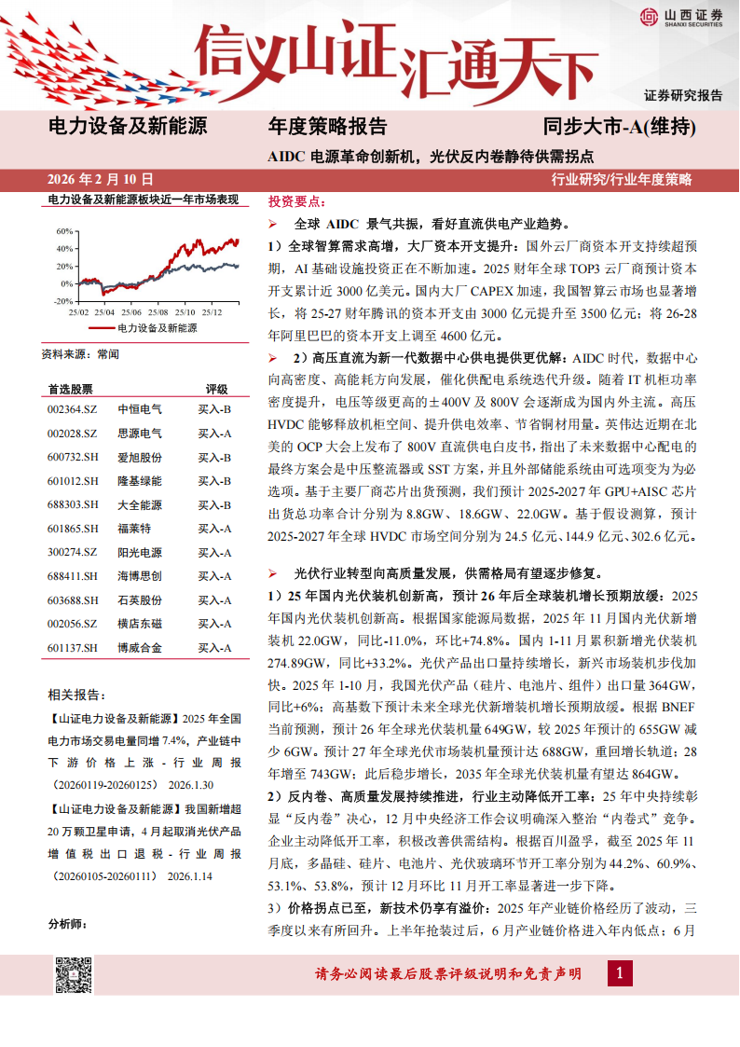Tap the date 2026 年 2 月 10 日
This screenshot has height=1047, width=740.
coord(101,179)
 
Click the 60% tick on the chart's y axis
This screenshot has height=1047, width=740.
coord(64,230)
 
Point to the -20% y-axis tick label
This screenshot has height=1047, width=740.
coord(62,301)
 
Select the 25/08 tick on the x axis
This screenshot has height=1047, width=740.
coord(158,311)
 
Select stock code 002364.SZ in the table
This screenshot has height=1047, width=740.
coord(72,409)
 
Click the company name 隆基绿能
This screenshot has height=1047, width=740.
coord(140,480)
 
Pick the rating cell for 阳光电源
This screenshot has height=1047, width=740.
coord(214,552)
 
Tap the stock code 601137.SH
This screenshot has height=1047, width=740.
coord(72,647)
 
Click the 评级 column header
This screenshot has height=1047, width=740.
coord(216,389)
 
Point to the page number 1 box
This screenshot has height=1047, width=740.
coord(619,974)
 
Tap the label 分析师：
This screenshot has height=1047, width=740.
coord(66,924)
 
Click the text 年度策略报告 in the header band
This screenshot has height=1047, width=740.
coord(327,127)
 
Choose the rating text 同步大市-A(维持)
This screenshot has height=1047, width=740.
coord(619,127)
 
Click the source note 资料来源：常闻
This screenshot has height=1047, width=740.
coord(80,354)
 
